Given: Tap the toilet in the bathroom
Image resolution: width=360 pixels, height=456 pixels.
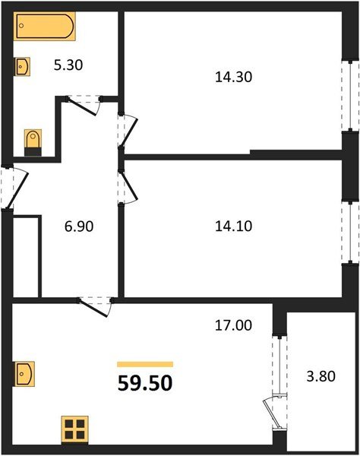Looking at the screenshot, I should pos(33,141).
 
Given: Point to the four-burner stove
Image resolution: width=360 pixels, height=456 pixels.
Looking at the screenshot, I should pos(74,429).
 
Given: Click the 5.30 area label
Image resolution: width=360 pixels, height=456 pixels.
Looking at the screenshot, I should pos(68,65).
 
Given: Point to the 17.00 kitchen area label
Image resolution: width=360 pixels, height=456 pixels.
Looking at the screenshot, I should pos(232,325).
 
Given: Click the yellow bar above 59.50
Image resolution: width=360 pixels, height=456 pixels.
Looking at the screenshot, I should pos(145,364).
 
